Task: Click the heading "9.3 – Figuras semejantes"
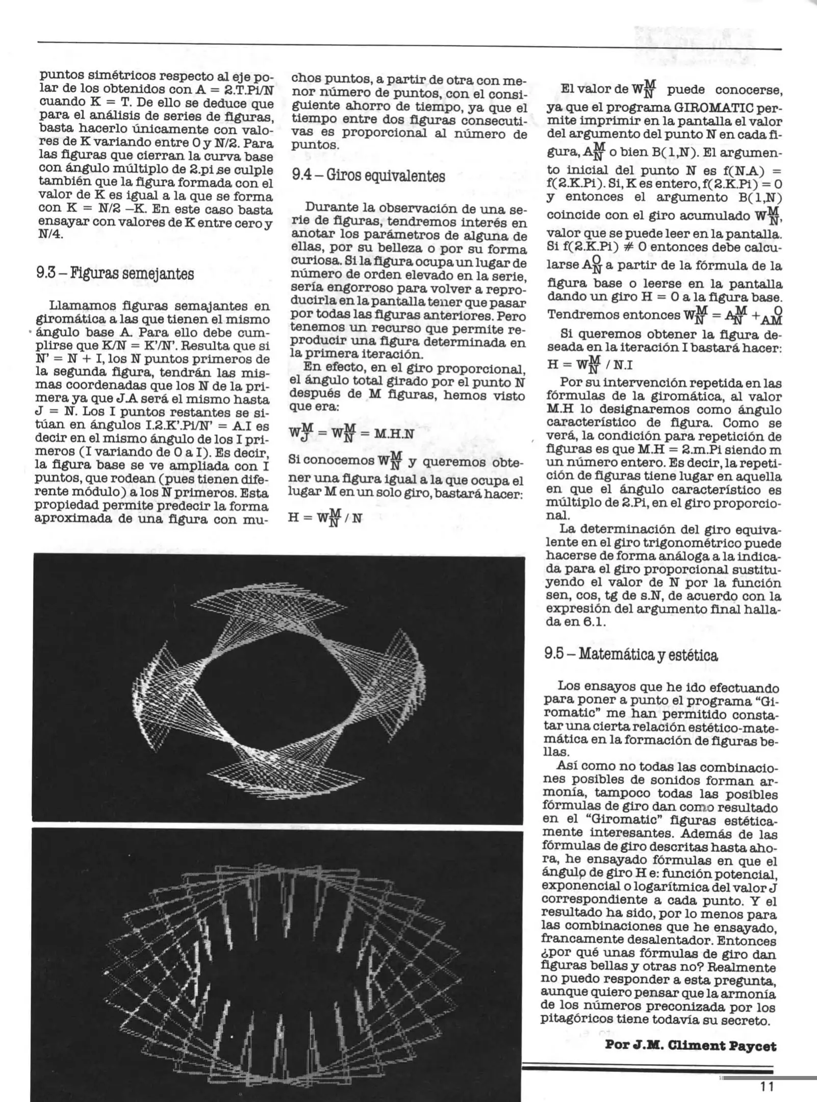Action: click(x=116, y=274)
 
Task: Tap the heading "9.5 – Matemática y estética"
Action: click(x=631, y=655)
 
